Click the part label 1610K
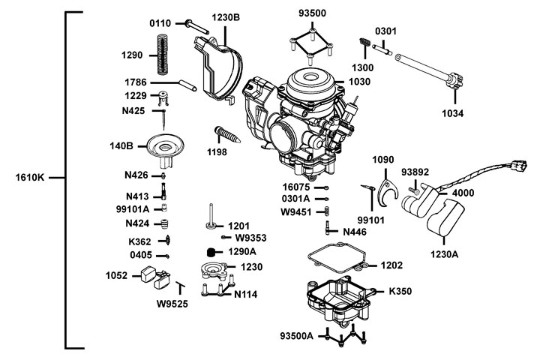coord(30,178)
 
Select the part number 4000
coord(462,193)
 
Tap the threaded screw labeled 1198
coord(226,136)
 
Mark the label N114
coord(245,295)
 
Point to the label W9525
coord(172,304)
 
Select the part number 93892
coord(415,172)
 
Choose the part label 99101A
coord(132,209)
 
